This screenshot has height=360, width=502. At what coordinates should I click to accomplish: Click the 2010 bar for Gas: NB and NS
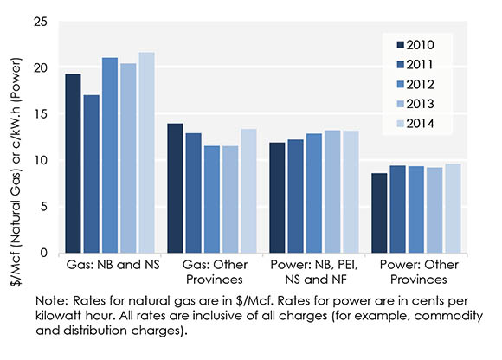point(73,164)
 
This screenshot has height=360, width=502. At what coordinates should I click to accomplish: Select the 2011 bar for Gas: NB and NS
point(91,174)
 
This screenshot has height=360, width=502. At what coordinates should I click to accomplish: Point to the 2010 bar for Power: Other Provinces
point(379,213)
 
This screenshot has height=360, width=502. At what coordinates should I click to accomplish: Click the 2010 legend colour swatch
point(400,45)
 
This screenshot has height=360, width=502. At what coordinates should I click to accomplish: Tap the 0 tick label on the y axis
point(42,254)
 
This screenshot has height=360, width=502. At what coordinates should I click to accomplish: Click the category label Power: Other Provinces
point(416,272)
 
